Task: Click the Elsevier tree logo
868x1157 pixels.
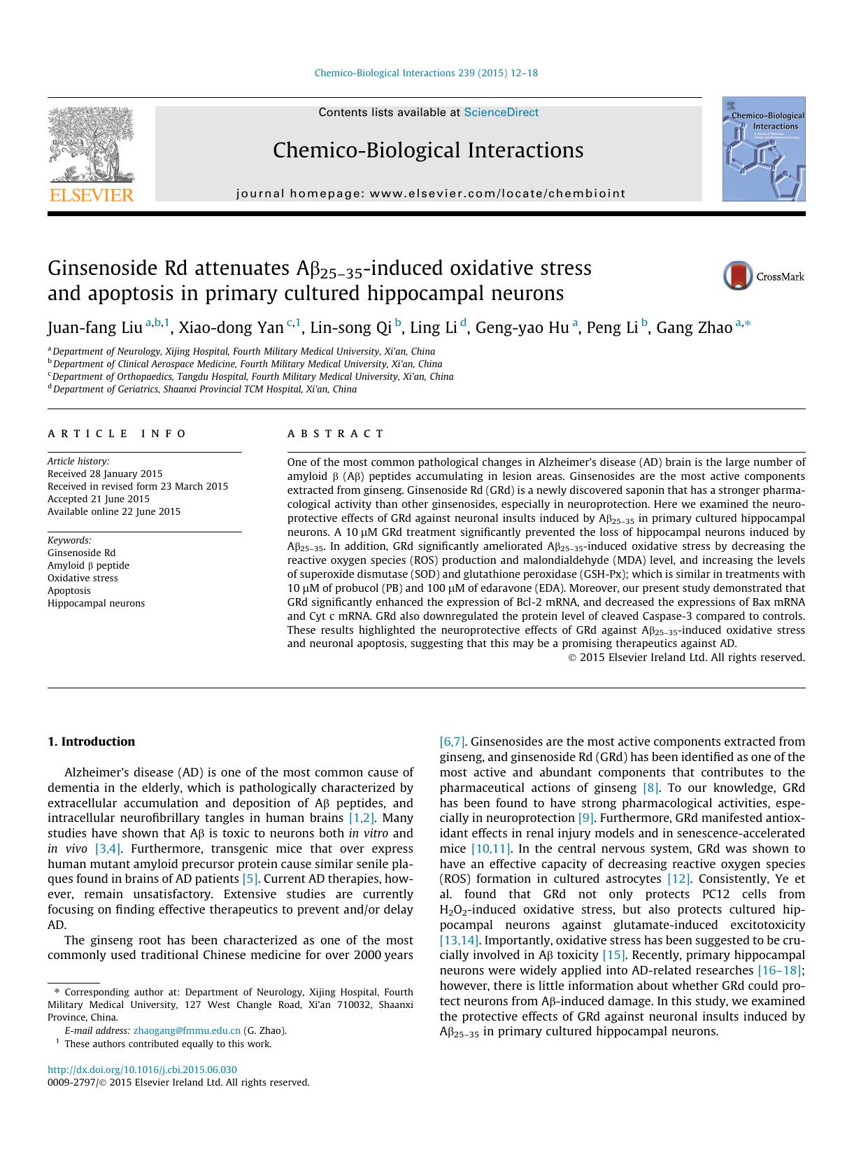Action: [90, 146]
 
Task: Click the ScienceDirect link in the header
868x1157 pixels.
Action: [501, 112]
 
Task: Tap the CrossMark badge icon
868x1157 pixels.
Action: [738, 276]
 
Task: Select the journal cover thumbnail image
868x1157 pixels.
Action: [763, 149]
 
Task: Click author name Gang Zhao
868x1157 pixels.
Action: [694, 327]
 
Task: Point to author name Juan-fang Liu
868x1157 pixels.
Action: [94, 327]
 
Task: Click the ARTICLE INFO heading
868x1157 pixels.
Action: [117, 434]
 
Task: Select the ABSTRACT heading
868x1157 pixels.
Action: [336, 434]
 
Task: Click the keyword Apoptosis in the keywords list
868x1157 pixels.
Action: [69, 590]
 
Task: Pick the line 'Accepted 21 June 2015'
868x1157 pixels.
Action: [99, 499]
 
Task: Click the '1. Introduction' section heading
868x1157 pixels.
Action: [91, 741]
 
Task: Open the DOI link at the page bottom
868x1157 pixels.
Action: [142, 1070]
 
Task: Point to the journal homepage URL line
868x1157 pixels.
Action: [430, 193]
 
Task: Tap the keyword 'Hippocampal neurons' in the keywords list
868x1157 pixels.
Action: [96, 603]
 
